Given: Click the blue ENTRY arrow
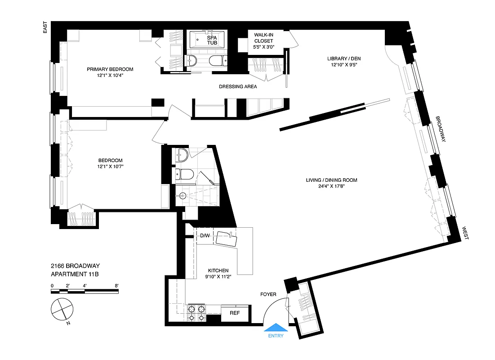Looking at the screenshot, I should click(x=276, y=328).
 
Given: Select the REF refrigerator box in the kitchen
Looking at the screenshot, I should click(x=234, y=313).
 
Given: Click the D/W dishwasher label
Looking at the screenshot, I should click(x=205, y=235).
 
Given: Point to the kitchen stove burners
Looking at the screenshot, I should click(x=196, y=313).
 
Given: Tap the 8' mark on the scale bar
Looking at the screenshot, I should click(x=117, y=285).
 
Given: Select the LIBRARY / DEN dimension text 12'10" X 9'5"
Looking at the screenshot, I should click(x=343, y=65).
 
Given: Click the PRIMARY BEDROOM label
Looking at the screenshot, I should click(x=110, y=69).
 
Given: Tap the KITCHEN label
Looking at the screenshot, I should click(x=218, y=270).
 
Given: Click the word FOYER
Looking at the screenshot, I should click(x=268, y=294).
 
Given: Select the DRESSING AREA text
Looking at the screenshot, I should click(x=238, y=86).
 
